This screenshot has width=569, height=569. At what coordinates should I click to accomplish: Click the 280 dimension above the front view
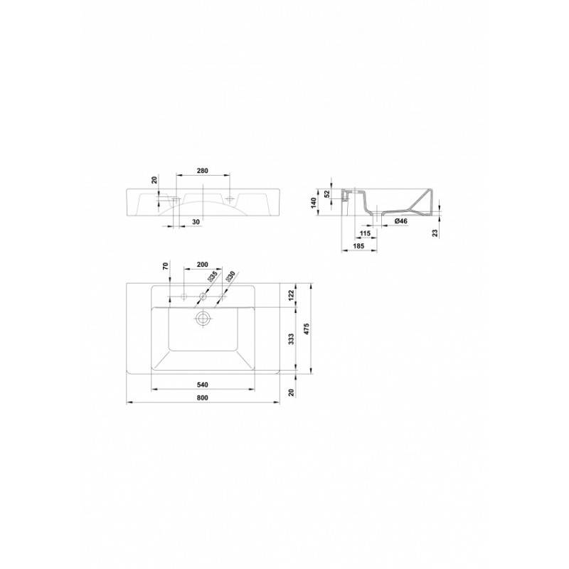click(x=203, y=171)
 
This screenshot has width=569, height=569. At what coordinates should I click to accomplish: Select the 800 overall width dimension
click(x=203, y=398)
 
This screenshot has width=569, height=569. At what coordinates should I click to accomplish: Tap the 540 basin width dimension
click(x=203, y=385)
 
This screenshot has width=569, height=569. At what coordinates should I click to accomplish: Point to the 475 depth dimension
click(x=307, y=329)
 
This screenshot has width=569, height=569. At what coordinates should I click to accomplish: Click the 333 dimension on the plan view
click(x=292, y=339)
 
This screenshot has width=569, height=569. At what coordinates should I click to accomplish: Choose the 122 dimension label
click(x=292, y=296)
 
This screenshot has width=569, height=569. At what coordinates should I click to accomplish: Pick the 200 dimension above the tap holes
click(x=203, y=265)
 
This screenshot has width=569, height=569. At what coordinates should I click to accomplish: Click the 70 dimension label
click(x=166, y=266)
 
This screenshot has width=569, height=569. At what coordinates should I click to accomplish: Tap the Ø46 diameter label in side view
click(x=401, y=221)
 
